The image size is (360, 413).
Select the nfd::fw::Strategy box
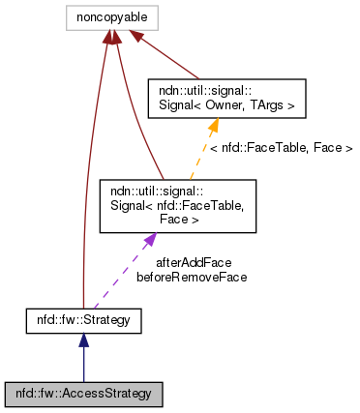click(84, 318)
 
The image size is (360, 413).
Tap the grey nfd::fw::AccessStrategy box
click(84, 394)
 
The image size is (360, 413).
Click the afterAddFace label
click(192, 261)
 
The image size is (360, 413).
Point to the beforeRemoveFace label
click(192, 277)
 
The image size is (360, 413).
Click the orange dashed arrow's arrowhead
click(214, 124)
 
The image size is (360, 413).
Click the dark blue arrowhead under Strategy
click(84, 339)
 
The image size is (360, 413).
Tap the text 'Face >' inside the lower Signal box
click(167, 220)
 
